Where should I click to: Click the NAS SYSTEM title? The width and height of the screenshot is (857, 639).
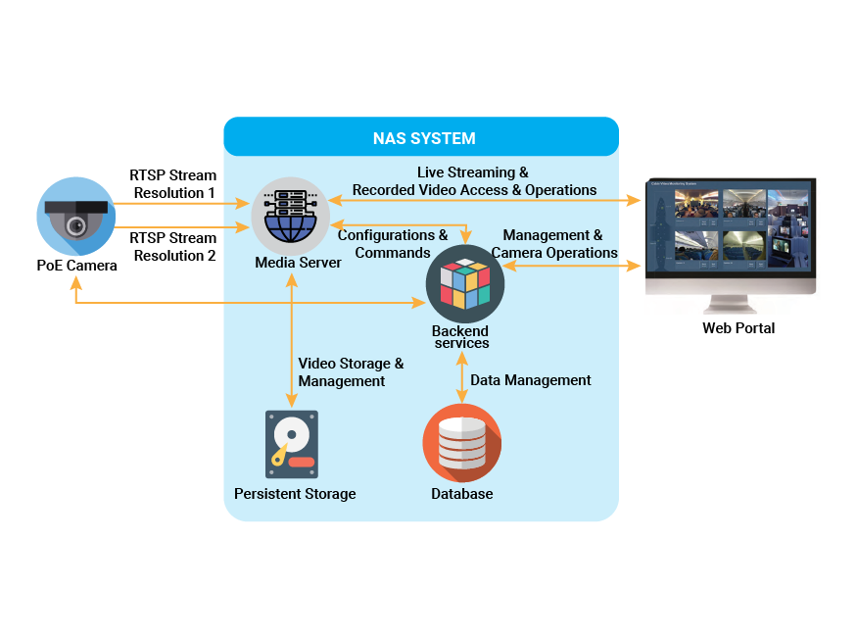click(x=424, y=138)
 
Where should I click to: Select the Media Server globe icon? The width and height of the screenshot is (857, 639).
click(x=290, y=216)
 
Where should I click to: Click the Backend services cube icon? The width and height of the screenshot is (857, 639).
click(x=464, y=284)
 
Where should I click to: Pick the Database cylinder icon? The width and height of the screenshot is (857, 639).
click(x=461, y=442)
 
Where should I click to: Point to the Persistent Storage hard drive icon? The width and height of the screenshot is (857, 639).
click(x=291, y=444)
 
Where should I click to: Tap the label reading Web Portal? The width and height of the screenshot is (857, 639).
click(x=738, y=327)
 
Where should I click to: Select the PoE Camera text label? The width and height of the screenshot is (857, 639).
click(x=71, y=265)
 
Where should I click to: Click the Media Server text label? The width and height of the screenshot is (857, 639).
click(x=298, y=263)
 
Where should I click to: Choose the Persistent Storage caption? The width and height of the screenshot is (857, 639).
click(x=295, y=493)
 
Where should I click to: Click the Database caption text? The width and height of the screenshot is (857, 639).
click(x=461, y=493)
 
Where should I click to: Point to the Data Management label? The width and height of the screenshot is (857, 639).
click(x=531, y=379)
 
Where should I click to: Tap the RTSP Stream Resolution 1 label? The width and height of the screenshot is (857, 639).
click(x=173, y=184)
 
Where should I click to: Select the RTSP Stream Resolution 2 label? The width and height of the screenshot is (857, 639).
click(x=173, y=246)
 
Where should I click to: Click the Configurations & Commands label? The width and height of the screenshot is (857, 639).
click(x=392, y=244)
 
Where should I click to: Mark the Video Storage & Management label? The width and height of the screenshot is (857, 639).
click(x=350, y=371)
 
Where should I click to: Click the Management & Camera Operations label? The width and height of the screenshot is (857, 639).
click(x=555, y=244)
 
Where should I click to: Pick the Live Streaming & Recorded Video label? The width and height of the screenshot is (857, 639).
click(x=474, y=181)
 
